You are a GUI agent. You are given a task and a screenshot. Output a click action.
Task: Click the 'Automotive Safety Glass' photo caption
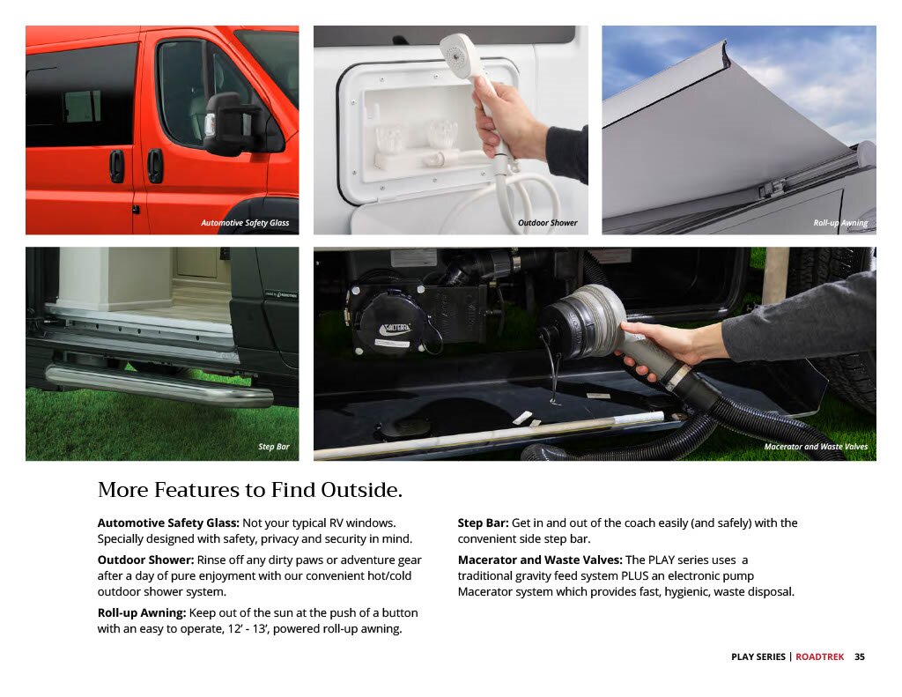pos(245,223)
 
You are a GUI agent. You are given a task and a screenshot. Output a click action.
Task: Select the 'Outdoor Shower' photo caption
pos(547,223)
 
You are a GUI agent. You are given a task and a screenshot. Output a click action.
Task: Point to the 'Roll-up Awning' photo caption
pos(840,223)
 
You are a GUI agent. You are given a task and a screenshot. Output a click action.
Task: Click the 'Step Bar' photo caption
pos(274,447)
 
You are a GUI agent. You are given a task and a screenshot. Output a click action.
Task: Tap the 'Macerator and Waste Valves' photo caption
pos(816,447)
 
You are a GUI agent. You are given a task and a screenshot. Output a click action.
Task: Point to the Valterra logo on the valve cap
pos(396,329)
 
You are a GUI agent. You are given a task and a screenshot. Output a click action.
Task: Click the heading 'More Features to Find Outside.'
pos(249,490)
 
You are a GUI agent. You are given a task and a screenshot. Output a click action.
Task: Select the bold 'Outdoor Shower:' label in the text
pos(145,560)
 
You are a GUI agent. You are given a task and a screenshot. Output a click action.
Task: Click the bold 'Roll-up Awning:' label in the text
pos(142,613)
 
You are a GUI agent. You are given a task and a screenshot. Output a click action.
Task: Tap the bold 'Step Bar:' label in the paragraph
pos(484,523)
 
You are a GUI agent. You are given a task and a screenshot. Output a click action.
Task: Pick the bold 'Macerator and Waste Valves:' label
pos(540,560)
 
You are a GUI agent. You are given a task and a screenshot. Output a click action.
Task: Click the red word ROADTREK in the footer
pos(820,656)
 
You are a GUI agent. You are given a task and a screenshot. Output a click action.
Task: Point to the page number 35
pos(860,656)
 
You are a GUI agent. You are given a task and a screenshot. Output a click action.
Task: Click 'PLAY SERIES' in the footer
pos(758,656)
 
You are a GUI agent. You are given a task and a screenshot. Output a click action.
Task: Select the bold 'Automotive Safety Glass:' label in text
pos(168,523)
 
